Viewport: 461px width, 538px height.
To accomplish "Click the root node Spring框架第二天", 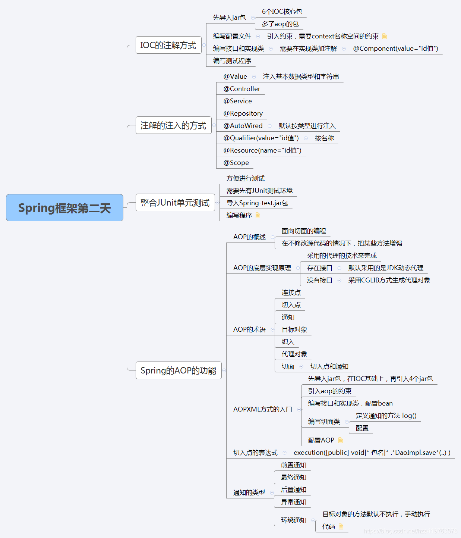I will (x=64, y=208).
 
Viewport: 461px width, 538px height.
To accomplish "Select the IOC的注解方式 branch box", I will (x=168, y=45).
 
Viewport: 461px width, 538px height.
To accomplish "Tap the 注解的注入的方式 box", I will (x=173, y=125).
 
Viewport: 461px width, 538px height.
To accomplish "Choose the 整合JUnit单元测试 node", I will (x=175, y=203).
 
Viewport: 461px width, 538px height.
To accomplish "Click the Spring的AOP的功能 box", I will (x=178, y=370).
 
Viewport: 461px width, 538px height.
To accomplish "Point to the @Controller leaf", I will (x=241, y=89).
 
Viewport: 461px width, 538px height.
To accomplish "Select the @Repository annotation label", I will (x=243, y=113).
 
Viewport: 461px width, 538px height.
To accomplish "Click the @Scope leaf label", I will (x=236, y=163).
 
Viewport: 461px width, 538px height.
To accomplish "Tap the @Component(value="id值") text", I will (x=395, y=49).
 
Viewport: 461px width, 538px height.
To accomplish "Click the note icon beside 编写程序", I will (x=258, y=215).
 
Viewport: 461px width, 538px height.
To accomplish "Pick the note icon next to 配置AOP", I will (x=340, y=440).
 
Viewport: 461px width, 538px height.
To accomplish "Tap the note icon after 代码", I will (x=341, y=526).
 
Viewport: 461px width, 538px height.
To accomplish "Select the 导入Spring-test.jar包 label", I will (x=257, y=203).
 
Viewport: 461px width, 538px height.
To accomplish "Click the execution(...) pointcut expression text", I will (x=372, y=453).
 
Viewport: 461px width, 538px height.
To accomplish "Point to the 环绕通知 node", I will (x=294, y=520).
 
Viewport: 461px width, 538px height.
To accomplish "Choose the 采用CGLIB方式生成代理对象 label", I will (x=389, y=280).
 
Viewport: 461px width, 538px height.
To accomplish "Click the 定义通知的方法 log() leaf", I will (x=386, y=416).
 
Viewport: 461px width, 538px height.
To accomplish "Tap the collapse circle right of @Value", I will (x=254, y=76).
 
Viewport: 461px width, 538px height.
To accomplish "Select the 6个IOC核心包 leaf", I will (x=282, y=12).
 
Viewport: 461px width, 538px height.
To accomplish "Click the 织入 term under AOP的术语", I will (x=288, y=342).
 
